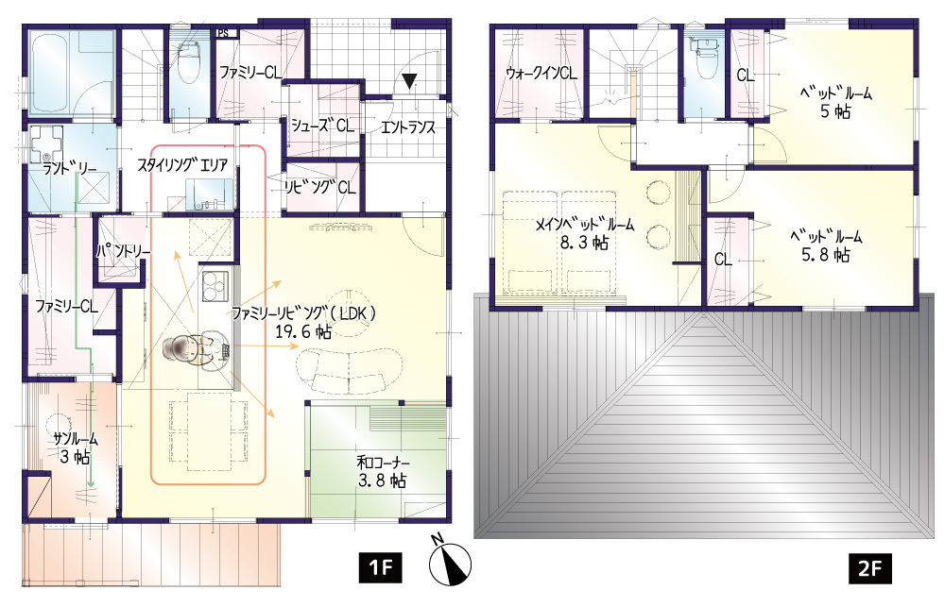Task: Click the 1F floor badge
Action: click(x=380, y=567)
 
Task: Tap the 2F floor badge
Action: click(x=870, y=567)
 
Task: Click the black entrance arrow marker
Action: click(x=410, y=81)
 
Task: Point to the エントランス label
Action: click(x=408, y=127)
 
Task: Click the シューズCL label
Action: click(x=323, y=126)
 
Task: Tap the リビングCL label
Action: click(x=320, y=187)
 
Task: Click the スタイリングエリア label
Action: click(x=182, y=165)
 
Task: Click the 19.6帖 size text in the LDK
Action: click(x=303, y=331)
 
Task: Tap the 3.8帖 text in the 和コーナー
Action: click(x=382, y=481)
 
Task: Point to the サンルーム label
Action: click(x=76, y=440)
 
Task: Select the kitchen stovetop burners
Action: click(x=215, y=286)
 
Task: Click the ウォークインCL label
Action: click(x=541, y=74)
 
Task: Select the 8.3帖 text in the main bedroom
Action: click(x=584, y=243)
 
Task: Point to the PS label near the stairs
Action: click(x=224, y=34)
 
